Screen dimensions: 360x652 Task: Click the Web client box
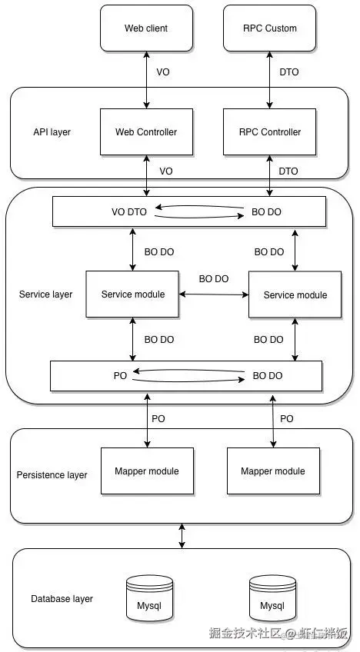click(x=146, y=28)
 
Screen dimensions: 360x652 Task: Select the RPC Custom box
click(x=270, y=28)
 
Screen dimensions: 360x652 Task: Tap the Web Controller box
click(x=146, y=131)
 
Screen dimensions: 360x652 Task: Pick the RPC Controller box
click(x=270, y=131)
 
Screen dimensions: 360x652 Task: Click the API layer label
click(x=52, y=132)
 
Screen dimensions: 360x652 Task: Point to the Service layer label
click(x=46, y=294)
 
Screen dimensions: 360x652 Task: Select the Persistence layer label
click(x=52, y=475)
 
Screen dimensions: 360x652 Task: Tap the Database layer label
click(x=62, y=599)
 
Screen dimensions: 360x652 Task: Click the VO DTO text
click(x=129, y=212)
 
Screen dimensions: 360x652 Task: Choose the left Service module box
click(x=132, y=294)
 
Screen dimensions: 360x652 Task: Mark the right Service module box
click(x=295, y=294)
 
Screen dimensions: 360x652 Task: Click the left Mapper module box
click(x=147, y=471)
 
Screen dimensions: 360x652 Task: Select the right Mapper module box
click(x=273, y=471)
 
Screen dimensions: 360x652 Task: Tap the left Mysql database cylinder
click(x=149, y=598)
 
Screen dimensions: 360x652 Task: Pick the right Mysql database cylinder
click(x=272, y=598)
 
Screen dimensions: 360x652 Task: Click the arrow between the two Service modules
click(x=214, y=294)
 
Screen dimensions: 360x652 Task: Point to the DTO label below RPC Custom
click(x=288, y=72)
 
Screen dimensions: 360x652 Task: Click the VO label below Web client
click(x=163, y=72)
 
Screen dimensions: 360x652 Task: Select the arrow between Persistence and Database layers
click(x=182, y=536)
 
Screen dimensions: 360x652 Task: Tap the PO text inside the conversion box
click(x=120, y=376)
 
